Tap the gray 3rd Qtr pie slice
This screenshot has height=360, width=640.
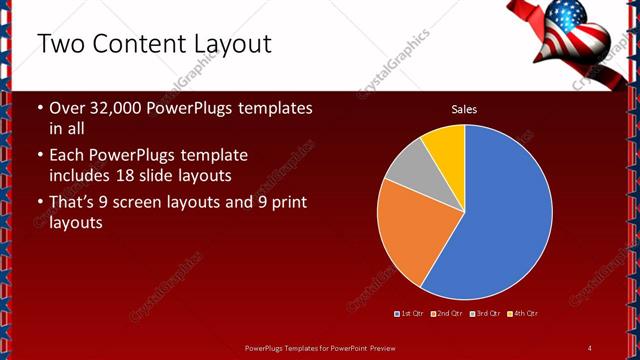click(x=406, y=175)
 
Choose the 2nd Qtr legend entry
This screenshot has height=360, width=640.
click(x=446, y=314)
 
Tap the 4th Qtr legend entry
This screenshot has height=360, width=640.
click(x=524, y=314)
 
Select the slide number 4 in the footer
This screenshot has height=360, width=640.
click(x=590, y=347)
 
